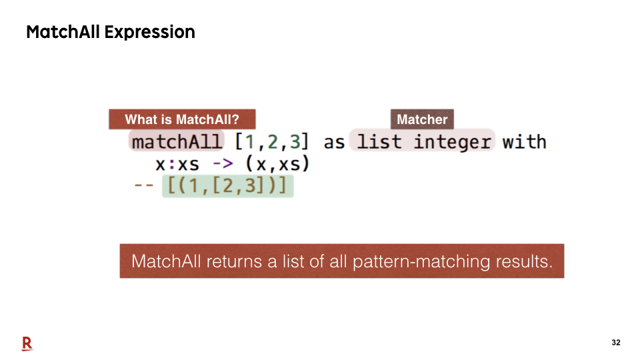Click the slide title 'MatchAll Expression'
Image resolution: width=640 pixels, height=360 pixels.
point(111,32)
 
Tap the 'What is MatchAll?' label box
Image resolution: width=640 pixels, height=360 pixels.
point(182,119)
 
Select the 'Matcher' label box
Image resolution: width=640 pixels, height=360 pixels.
point(422,119)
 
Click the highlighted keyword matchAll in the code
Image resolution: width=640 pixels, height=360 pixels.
point(177,142)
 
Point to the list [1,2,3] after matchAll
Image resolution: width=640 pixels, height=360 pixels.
point(272,142)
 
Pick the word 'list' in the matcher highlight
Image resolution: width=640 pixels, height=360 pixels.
point(379,141)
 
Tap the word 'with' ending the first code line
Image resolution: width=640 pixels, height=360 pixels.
point(525,141)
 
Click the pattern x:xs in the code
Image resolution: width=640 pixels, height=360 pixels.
point(177,165)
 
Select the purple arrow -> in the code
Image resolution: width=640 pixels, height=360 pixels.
point(223,164)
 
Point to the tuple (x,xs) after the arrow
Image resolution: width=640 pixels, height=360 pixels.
point(277,164)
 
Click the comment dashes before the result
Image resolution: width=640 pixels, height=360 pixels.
point(144,186)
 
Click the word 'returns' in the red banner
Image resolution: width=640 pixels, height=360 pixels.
point(234,261)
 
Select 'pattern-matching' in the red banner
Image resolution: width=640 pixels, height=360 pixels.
point(421,261)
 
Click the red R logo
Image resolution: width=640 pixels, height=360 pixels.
point(27,344)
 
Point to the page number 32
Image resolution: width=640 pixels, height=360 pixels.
point(616,343)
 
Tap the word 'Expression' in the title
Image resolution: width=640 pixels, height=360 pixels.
point(150,32)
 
